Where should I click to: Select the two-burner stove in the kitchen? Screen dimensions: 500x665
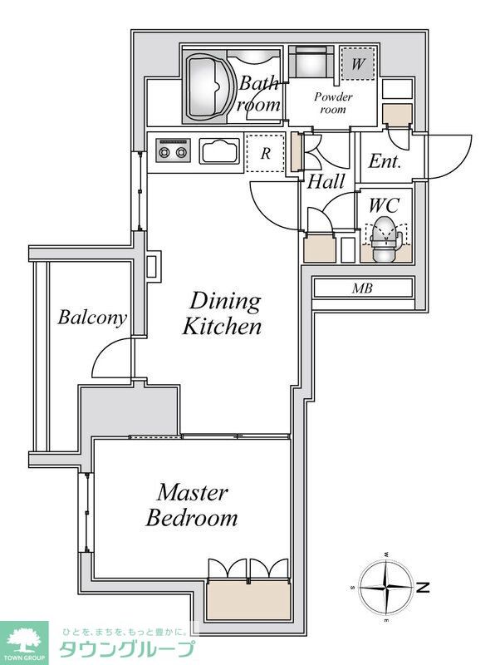click(x=173, y=150)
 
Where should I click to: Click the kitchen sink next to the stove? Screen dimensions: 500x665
click(x=219, y=151)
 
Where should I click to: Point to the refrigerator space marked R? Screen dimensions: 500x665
click(x=265, y=153)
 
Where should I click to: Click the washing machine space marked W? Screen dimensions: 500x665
click(x=358, y=64)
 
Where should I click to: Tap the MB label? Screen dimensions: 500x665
click(x=362, y=288)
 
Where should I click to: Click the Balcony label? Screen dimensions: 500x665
click(x=92, y=318)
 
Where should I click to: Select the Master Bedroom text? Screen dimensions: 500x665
click(x=192, y=505)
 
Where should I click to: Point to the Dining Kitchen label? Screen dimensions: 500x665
click(x=222, y=314)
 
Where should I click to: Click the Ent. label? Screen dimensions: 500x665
click(x=385, y=161)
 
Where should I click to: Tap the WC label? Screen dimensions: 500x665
click(x=385, y=205)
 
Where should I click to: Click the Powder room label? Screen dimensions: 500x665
click(x=333, y=102)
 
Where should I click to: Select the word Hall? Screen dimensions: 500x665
click(x=326, y=182)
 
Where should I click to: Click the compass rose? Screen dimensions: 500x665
click(x=386, y=588)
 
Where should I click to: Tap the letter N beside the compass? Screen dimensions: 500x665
click(x=423, y=588)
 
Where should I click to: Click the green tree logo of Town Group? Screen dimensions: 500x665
click(x=24, y=640)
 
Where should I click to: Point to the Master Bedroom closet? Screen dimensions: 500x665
click(x=248, y=599)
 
